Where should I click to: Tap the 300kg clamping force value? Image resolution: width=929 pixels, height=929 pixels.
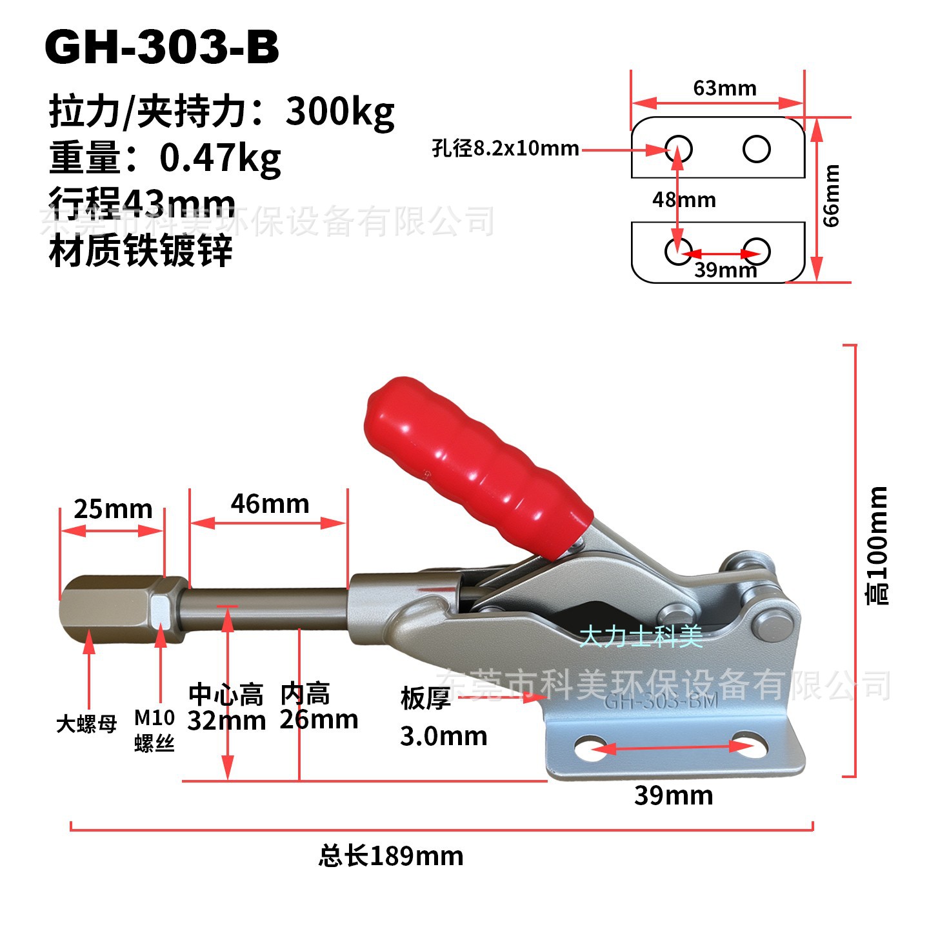(340, 112)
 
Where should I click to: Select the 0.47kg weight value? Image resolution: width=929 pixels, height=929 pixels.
(220, 158)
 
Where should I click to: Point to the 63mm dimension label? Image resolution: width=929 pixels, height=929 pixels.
(724, 88)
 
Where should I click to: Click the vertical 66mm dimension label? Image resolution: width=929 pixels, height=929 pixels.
(832, 195)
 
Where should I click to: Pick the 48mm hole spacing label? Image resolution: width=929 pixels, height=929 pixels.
(684, 199)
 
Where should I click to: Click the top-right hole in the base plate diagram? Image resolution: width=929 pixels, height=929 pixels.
(756, 148)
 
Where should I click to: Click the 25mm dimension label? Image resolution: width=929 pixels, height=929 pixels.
(113, 509)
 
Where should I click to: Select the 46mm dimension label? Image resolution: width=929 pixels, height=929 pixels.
(270, 504)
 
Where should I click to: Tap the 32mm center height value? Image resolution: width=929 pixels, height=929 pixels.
(226, 721)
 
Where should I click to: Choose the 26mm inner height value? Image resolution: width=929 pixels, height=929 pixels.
(319, 719)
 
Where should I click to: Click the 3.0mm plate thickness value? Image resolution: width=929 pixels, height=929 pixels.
(443, 736)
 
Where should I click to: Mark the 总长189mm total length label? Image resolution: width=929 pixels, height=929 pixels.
(391, 856)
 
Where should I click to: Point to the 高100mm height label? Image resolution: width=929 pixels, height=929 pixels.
(877, 546)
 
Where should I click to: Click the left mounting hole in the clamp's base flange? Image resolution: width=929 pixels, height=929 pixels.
(591, 747)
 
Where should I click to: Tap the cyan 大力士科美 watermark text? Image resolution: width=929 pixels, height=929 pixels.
(641, 637)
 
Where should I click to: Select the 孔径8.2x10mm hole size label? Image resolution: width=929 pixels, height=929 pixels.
(505, 148)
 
